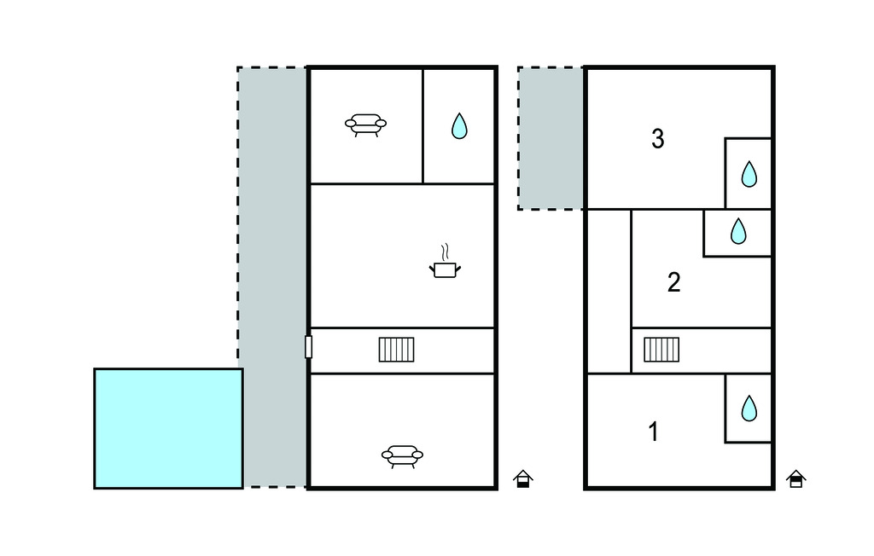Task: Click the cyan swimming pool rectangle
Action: tap(168, 428)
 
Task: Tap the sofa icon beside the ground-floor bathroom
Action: tap(365, 125)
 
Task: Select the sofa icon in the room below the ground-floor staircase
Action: tap(402, 456)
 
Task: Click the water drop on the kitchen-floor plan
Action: tap(459, 126)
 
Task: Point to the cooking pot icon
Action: tap(445, 269)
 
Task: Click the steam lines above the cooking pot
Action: tap(445, 252)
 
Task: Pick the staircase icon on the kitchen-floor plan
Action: tap(396, 350)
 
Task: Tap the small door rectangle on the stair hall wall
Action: tap(308, 346)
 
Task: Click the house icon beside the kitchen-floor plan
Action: tap(523, 479)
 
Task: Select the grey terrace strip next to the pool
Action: tap(272, 277)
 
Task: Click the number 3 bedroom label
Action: tap(658, 139)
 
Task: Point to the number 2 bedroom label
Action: tap(674, 282)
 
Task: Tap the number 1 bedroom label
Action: tap(654, 431)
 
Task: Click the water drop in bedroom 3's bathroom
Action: tap(749, 174)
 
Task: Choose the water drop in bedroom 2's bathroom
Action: tap(738, 230)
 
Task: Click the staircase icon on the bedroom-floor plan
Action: tap(661, 350)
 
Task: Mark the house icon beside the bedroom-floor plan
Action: tap(796, 479)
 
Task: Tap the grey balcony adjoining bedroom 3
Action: tap(551, 138)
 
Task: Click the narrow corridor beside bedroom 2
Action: tap(609, 292)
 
